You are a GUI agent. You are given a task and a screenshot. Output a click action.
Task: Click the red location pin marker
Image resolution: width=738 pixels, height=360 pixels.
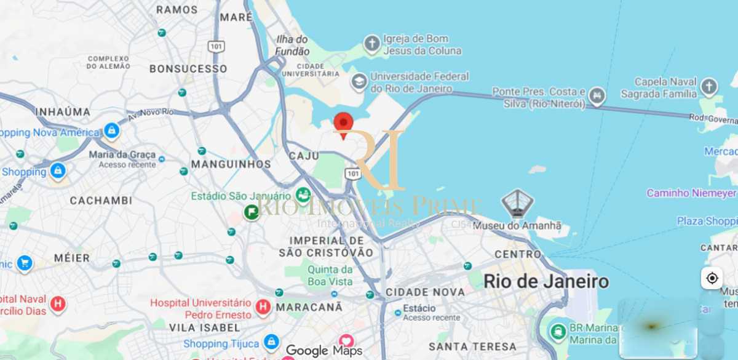pyautogui.click(x=343, y=124)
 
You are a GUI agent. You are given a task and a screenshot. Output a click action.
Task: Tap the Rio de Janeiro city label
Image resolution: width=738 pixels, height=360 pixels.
pyautogui.click(x=546, y=282)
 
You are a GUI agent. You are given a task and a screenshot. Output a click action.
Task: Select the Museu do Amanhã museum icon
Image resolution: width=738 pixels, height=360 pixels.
pyautogui.click(x=517, y=203)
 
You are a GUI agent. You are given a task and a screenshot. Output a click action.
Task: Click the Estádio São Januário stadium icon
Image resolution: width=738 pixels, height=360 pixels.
pyautogui.click(x=303, y=196)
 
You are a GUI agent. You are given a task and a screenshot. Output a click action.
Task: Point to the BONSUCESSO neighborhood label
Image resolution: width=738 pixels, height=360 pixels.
pyautogui.click(x=188, y=69)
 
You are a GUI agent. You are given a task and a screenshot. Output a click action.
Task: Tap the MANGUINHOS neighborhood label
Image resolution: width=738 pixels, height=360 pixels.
pyautogui.click(x=231, y=164)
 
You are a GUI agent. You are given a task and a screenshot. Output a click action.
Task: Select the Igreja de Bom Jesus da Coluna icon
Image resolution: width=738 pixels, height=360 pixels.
pyautogui.click(x=371, y=44)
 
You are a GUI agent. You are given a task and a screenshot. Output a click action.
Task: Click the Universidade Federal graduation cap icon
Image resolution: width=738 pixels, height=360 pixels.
pyautogui.click(x=359, y=81)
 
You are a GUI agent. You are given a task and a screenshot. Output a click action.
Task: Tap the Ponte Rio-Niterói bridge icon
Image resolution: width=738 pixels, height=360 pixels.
pyautogui.click(x=597, y=96)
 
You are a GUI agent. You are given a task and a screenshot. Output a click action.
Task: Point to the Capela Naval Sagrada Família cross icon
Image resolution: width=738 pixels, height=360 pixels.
pyautogui.click(x=709, y=86)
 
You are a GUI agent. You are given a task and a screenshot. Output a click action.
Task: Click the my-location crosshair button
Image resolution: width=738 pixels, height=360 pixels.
pyautogui.click(x=712, y=278)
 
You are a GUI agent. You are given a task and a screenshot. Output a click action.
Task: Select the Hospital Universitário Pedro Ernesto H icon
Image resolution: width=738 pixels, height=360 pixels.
pyautogui.click(x=263, y=306)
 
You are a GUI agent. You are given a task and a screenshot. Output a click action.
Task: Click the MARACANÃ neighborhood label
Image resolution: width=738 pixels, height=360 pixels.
pyautogui.click(x=309, y=306)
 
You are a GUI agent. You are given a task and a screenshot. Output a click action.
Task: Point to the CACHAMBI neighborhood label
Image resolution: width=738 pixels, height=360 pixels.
pyautogui.click(x=101, y=201)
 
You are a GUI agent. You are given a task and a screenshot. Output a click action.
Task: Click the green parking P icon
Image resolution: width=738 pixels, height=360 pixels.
pyautogui.click(x=251, y=213)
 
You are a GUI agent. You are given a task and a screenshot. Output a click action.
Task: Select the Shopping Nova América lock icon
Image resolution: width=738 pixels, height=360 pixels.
pyautogui.click(x=111, y=131)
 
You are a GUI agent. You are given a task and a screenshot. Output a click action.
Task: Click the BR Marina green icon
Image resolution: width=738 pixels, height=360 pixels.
pyautogui.click(x=558, y=332)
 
